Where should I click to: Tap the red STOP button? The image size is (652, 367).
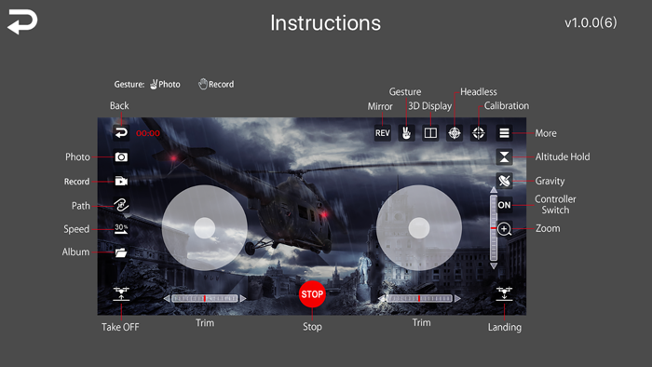[x=312, y=294]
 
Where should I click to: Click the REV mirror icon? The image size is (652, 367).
[x=383, y=133]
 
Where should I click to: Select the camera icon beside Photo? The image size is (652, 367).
[x=121, y=157]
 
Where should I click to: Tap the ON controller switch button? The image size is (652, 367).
[x=505, y=205]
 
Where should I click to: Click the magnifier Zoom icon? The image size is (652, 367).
[x=505, y=229]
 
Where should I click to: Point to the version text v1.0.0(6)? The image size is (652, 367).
[x=591, y=22]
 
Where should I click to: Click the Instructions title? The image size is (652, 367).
[x=326, y=23]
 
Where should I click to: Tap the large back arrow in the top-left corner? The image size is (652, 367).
[x=22, y=21]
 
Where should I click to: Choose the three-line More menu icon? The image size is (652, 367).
[x=505, y=133]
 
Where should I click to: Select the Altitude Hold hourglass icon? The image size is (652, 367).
[x=505, y=157]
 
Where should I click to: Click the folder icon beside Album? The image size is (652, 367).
[x=121, y=252]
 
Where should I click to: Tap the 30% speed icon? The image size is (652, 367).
[x=121, y=228]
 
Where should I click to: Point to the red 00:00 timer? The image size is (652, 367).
[x=148, y=133]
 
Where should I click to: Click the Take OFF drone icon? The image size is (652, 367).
[x=121, y=293]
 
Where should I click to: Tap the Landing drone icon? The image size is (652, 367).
[x=505, y=293]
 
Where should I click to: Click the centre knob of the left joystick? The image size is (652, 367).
[x=205, y=228]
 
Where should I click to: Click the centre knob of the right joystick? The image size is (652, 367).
[x=419, y=228]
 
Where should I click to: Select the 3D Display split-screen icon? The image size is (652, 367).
[x=430, y=133]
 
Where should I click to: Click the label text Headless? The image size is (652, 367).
[x=479, y=92]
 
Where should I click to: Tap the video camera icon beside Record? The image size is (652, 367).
[x=121, y=182]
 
